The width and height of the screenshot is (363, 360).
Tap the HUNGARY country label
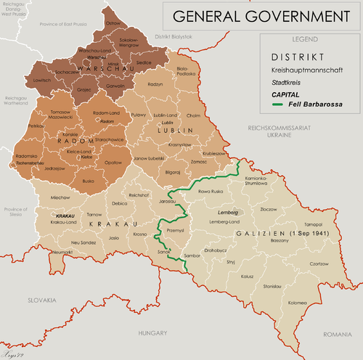153,332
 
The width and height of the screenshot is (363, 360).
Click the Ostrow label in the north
114,23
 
